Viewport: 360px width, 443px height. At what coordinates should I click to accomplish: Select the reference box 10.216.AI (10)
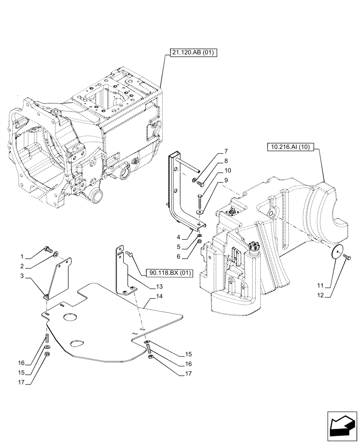coord(291,147)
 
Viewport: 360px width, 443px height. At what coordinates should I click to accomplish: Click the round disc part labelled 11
coord(339,253)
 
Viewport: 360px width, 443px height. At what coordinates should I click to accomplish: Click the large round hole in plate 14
coord(70,317)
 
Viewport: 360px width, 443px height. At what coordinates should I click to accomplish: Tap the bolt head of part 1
coord(47,249)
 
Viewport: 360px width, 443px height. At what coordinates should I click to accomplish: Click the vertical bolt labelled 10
coord(200,203)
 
